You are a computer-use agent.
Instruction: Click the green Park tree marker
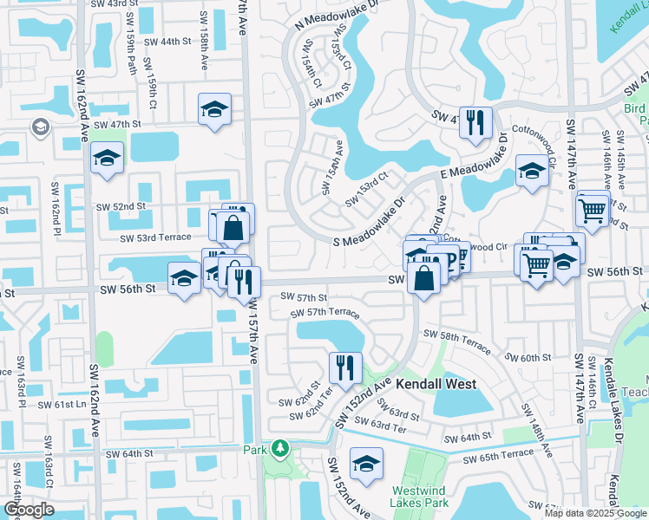coord(279,448)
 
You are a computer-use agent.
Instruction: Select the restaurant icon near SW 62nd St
coord(345,367)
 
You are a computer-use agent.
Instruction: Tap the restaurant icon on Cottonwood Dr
coord(475,122)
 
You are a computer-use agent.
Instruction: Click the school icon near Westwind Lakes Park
coord(366,464)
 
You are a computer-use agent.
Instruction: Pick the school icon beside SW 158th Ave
coord(214,109)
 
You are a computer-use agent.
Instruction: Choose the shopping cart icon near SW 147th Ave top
coord(592,208)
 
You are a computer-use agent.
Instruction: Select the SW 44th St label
coord(167,42)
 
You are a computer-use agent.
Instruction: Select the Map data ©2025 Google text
coord(594,513)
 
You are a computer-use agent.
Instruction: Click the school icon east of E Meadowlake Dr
coord(531,171)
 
